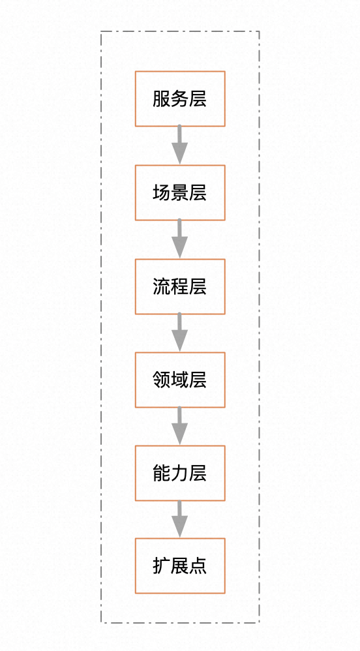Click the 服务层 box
(180, 98)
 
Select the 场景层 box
(180, 192)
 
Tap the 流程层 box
(180, 286)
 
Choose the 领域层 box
(180, 380)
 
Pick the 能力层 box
(180, 473)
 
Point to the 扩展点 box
(180, 566)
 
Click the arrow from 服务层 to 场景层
(180, 145)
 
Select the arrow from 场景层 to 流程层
(180, 239)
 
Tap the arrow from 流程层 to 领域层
(180, 332)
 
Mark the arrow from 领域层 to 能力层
(180, 425)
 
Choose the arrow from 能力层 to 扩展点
(180, 519)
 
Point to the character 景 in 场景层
(180, 192)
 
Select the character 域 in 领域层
(180, 380)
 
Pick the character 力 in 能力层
(180, 474)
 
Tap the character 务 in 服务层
(180, 98)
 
